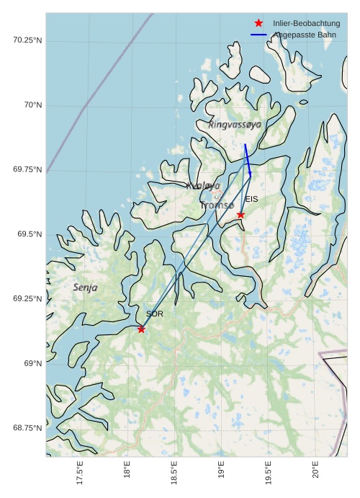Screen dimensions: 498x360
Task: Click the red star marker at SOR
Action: coord(141,329)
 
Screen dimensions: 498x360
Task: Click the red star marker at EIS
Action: coord(240,215)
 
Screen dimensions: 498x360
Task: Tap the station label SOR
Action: coord(155,314)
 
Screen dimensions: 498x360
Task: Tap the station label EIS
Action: coord(251,199)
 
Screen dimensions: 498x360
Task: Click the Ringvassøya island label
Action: coord(235,125)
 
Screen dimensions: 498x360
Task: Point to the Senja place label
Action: coord(85,288)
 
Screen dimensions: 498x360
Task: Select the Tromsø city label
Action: coord(217,205)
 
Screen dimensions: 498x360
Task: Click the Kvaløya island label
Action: coord(203,186)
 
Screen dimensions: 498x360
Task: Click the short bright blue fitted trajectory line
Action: coord(248,160)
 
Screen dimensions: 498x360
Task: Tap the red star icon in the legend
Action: coord(258,23)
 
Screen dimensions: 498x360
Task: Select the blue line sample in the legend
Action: coord(258,35)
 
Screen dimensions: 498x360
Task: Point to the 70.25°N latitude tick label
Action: coord(27,40)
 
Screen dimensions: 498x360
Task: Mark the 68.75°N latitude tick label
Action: coord(27,428)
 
